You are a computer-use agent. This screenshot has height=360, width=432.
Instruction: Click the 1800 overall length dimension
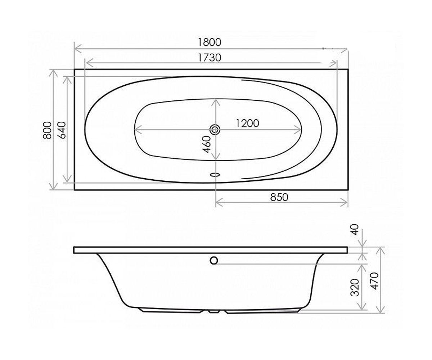click(210, 42)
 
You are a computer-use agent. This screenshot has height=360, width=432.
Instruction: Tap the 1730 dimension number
click(210, 58)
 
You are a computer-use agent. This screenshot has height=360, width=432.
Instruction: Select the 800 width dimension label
click(47, 130)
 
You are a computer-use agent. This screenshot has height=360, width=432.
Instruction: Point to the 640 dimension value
click(62, 130)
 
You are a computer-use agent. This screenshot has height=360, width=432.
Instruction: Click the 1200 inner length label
click(247, 123)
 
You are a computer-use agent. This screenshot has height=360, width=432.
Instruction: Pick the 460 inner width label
click(207, 144)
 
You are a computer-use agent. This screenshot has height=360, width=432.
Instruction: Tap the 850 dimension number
click(279, 197)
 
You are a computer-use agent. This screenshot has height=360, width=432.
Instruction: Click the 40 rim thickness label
click(355, 230)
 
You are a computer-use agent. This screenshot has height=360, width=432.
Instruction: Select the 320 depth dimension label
click(355, 287)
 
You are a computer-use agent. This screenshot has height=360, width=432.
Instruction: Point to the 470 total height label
click(374, 281)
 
